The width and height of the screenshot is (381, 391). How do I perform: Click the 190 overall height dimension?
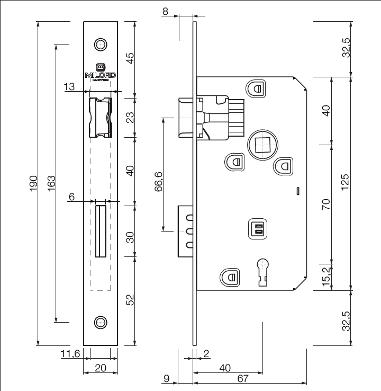[33, 183]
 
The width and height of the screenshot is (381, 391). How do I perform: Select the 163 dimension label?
[51, 183]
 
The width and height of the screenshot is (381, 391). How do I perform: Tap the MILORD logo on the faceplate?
[101, 73]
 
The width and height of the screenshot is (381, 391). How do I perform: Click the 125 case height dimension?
[344, 183]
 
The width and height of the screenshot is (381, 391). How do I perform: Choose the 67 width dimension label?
[243, 378]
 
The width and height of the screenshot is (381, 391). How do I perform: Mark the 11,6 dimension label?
[70, 353]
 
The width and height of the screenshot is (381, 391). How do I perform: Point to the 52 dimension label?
[130, 300]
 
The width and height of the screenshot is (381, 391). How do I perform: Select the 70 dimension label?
[326, 203]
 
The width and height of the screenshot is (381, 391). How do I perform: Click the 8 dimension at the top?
[166, 11]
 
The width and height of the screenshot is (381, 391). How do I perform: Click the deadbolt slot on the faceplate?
[101, 232]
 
